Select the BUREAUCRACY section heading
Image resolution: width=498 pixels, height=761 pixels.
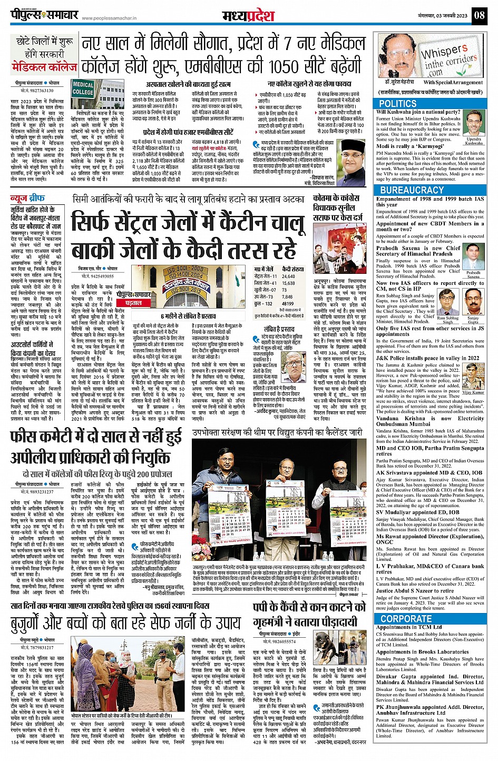[412, 190]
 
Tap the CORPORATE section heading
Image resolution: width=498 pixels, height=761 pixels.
[406, 619]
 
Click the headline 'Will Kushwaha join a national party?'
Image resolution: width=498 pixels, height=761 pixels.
[418, 112]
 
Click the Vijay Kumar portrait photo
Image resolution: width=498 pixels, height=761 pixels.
[473, 378]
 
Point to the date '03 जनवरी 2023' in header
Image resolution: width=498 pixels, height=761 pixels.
[446, 15]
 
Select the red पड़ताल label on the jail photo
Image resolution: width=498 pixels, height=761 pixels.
[133, 304]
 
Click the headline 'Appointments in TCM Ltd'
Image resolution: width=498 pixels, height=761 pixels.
[408, 627]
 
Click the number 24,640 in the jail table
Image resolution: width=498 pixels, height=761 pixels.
[288, 276]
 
